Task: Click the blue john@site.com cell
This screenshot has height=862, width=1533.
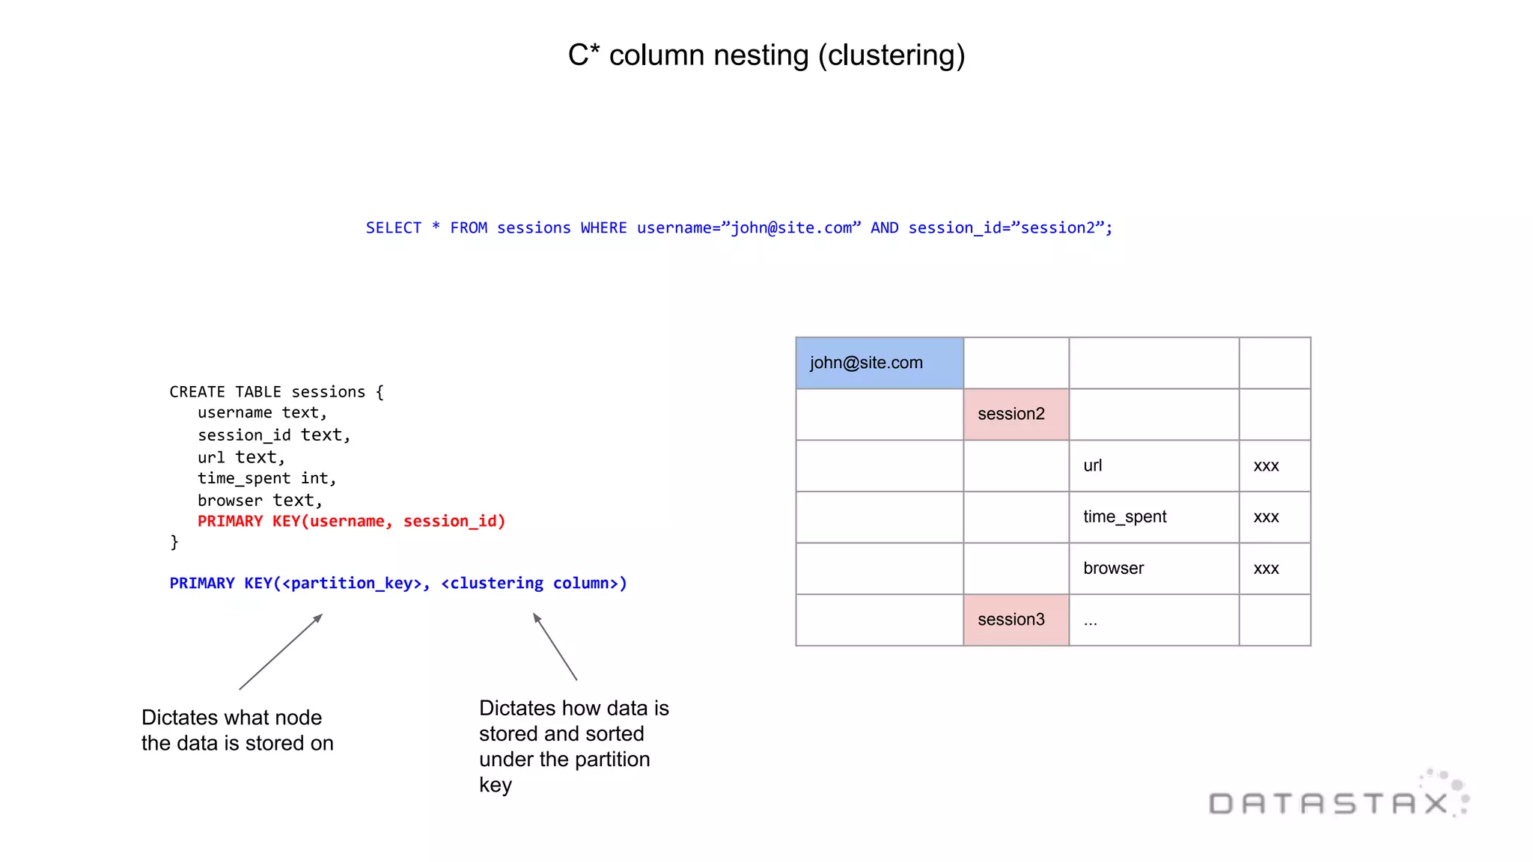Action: (879, 363)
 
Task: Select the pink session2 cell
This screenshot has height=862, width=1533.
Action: (1015, 414)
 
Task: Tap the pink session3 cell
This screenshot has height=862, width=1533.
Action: (1015, 620)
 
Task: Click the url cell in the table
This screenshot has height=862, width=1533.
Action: (1153, 465)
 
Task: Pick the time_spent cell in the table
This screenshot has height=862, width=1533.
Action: (1153, 517)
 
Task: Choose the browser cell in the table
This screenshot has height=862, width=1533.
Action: (1153, 569)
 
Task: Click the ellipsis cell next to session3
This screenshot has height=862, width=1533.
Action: (1153, 620)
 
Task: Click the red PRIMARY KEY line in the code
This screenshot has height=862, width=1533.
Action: (351, 522)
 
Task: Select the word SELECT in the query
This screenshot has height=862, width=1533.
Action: (394, 228)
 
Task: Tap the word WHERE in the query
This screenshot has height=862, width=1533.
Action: (603, 228)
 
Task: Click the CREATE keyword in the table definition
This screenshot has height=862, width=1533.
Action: (197, 392)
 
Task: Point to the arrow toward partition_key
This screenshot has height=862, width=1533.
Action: (281, 652)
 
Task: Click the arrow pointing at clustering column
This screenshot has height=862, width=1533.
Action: (555, 646)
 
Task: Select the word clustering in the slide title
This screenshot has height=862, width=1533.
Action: (892, 56)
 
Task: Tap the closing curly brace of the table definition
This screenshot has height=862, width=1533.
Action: (174, 542)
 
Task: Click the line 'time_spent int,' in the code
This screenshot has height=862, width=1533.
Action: (266, 479)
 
